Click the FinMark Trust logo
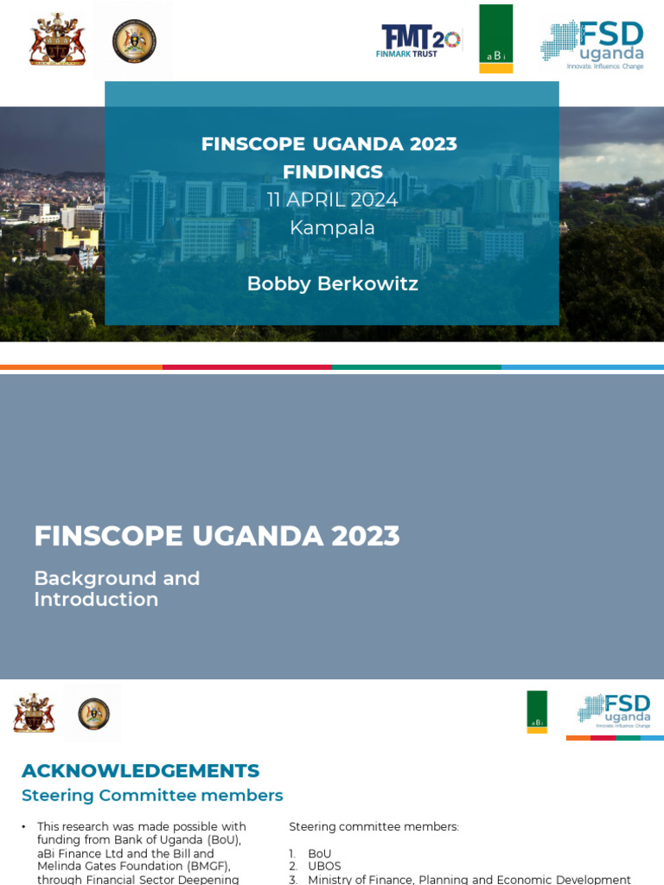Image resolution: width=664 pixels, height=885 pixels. pos(420,41)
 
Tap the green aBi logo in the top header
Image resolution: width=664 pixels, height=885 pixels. pos(496,39)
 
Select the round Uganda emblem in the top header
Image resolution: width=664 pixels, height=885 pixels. pos(134,41)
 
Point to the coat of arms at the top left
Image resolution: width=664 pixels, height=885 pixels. pos(57,40)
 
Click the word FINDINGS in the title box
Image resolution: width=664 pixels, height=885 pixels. pos(332,171)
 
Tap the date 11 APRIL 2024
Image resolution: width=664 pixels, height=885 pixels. pos(332,200)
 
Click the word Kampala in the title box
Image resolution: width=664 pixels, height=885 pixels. pos(332,227)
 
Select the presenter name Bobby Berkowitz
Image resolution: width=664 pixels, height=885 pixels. pos(332,283)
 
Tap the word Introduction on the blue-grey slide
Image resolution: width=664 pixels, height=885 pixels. pos(96,599)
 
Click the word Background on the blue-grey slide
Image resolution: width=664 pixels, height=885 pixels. pos(85,578)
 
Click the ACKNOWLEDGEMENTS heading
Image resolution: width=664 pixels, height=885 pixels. pos(140,770)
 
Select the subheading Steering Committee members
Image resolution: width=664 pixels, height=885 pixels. pos(152,795)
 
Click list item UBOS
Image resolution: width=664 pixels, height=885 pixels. pos(324,866)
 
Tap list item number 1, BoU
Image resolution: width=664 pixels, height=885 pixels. pos(319,853)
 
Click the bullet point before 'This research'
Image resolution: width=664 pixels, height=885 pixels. pos(24,827)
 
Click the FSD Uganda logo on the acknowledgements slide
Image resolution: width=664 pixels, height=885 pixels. pos(615,710)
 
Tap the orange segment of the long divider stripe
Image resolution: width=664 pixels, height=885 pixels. pos(81,367)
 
